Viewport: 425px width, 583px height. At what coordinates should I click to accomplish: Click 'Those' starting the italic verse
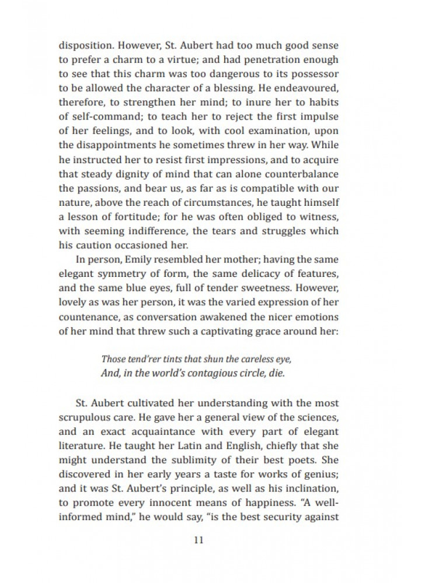[113, 359]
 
